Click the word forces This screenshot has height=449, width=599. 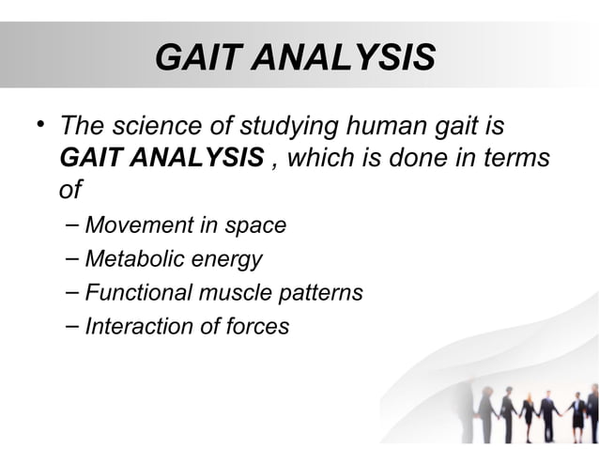(256, 326)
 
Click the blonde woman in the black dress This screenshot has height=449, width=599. (529, 413)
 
